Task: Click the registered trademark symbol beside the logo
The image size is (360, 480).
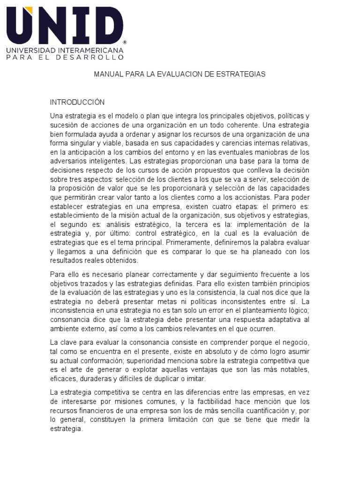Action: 124,42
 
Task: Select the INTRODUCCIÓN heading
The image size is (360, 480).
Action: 77,102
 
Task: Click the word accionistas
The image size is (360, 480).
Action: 256,198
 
